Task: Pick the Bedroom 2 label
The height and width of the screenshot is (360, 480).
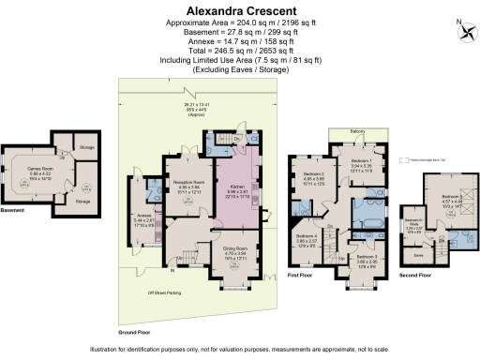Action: coord(314,175)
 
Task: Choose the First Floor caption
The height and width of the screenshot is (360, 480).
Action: coord(299,277)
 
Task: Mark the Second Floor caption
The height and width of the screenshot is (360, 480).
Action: coord(413,276)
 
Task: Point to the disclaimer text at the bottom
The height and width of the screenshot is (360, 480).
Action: coord(240,350)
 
